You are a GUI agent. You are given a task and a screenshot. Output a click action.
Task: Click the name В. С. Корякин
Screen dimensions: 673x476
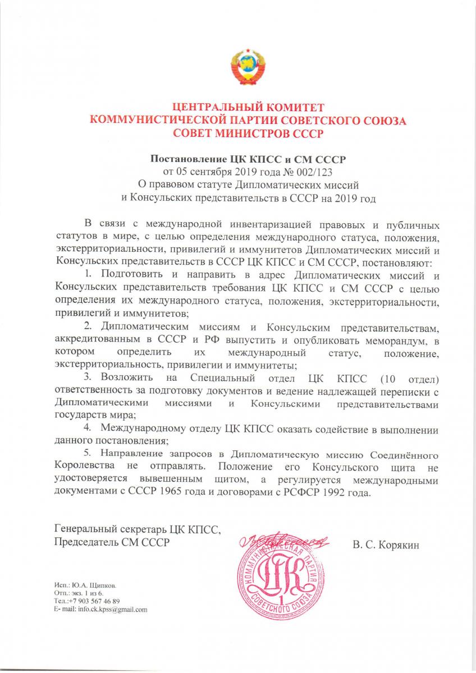(387, 544)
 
